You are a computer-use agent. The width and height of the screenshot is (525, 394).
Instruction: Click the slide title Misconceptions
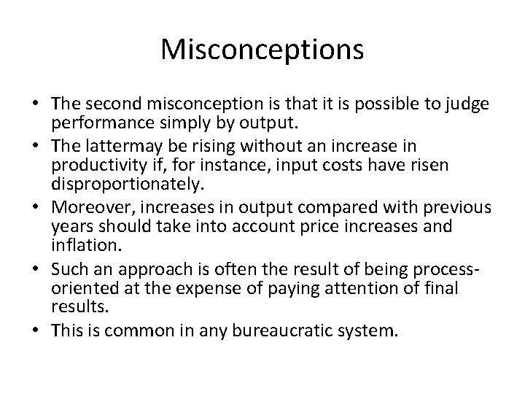point(262,50)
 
